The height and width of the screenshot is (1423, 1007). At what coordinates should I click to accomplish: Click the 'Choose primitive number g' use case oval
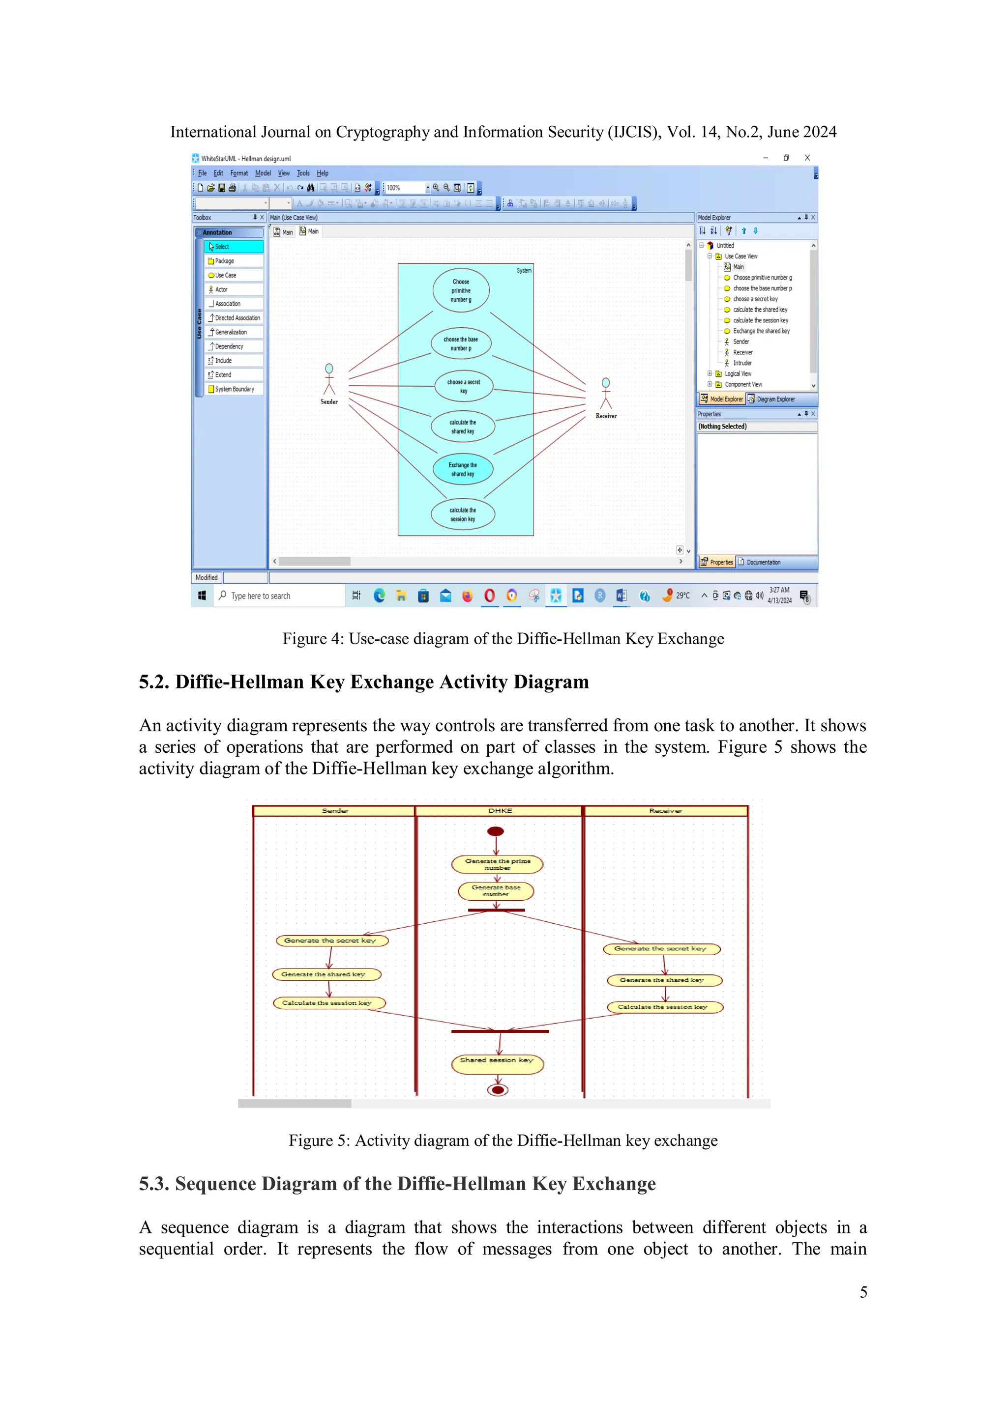click(x=461, y=291)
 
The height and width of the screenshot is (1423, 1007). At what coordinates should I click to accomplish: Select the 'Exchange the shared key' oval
click(x=463, y=469)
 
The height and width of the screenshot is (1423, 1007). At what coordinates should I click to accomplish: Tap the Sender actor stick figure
click(x=329, y=379)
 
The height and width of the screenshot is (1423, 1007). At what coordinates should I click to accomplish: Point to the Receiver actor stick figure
click(x=606, y=394)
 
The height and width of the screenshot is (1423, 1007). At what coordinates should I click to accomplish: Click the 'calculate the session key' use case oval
click(x=463, y=514)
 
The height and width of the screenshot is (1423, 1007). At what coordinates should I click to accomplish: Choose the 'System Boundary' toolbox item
click(x=234, y=389)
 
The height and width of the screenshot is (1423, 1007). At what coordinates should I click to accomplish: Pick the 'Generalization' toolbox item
click(x=230, y=332)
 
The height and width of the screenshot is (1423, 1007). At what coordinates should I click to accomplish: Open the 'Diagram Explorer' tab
click(x=774, y=399)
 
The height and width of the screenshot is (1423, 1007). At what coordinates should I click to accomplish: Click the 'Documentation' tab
click(x=763, y=562)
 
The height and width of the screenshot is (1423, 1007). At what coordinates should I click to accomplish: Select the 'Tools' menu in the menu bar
click(x=302, y=173)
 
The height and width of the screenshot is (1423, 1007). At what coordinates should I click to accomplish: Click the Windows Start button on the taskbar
click(x=202, y=596)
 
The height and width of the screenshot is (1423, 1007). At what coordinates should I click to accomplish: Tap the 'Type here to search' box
click(x=279, y=596)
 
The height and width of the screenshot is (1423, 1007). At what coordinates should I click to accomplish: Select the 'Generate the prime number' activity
click(x=497, y=864)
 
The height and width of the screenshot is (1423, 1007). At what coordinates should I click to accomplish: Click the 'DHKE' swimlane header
click(x=500, y=811)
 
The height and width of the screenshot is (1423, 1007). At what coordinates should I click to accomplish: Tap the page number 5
click(x=863, y=1292)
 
